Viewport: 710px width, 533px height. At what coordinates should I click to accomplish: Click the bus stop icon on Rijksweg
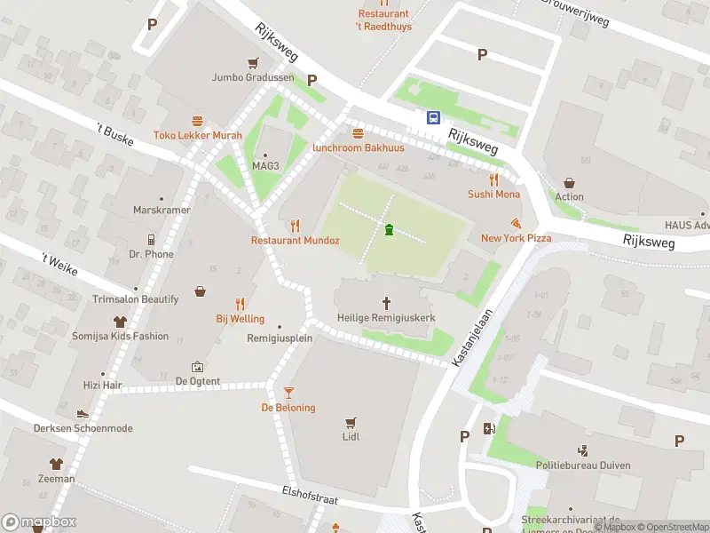point(434,116)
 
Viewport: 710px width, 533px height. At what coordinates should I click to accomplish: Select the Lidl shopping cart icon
point(351,422)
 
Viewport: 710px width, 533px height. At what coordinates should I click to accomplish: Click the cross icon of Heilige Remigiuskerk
point(386,303)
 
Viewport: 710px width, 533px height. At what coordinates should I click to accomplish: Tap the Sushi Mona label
point(493,194)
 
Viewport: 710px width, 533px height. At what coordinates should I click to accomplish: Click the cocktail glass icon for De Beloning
point(288,393)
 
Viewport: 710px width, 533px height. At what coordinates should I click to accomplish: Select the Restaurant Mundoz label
point(295,240)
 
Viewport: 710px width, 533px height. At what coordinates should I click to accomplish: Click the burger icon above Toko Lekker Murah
point(197,120)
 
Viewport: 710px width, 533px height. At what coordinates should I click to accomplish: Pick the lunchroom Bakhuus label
point(358,147)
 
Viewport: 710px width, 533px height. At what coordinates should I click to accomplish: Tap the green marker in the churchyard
point(389,231)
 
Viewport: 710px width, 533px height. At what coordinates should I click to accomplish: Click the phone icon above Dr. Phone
point(151,239)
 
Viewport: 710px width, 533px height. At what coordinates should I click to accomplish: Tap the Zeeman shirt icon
point(57,463)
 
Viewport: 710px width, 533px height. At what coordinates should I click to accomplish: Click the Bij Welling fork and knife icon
point(240,303)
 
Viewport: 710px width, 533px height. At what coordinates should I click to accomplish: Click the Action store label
point(570,196)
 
